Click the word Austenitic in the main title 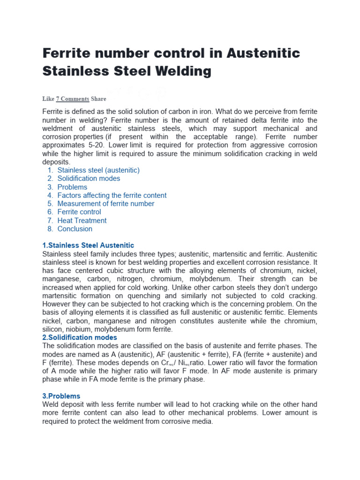[x=263, y=52]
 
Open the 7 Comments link [x=72, y=99]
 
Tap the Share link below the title [x=98, y=99]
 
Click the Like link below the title [x=48, y=99]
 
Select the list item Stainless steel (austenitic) [x=98, y=170]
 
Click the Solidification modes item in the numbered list [x=89, y=179]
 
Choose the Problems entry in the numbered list [x=72, y=187]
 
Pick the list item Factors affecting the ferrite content [x=112, y=195]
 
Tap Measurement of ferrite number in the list [x=105, y=204]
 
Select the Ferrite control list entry [x=79, y=212]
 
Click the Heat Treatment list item [x=82, y=221]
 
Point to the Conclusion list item [x=75, y=229]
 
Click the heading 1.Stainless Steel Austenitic [x=88, y=246]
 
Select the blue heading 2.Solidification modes [x=80, y=337]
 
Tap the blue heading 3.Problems [x=61, y=396]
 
